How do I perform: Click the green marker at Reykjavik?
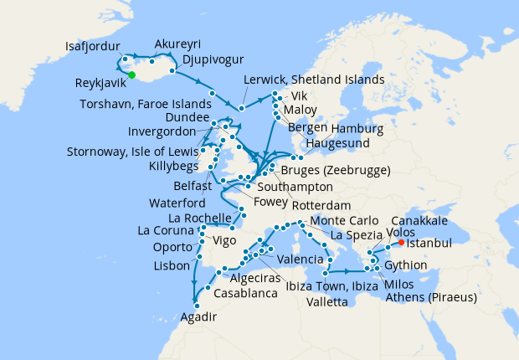click(131, 76)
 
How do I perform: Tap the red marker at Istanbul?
click(402, 243)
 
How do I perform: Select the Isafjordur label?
click(92, 46)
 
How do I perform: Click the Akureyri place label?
click(182, 44)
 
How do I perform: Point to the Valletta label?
click(330, 301)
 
